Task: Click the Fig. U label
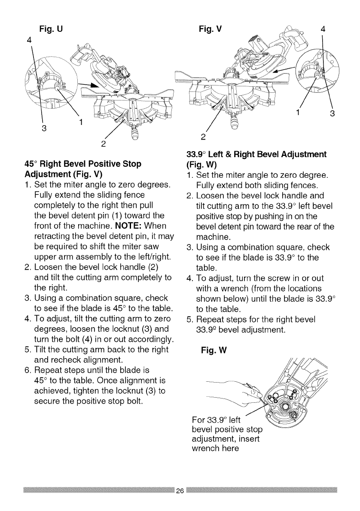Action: (x=51, y=29)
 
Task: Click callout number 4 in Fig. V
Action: (x=323, y=30)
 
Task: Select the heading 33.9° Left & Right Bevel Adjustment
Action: (x=256, y=154)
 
